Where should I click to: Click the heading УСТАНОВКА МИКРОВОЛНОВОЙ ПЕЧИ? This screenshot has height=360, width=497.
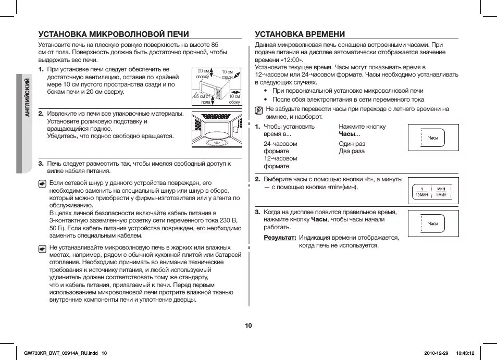(114, 34)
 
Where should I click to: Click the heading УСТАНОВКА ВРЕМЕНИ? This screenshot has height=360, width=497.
(300, 34)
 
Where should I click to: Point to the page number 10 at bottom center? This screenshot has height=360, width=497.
(249, 326)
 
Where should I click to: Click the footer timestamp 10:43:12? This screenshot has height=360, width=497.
(465, 353)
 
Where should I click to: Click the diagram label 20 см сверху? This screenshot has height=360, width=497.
(203, 73)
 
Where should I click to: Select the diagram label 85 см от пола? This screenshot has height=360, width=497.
(202, 99)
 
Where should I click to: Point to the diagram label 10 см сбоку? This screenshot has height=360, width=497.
(234, 99)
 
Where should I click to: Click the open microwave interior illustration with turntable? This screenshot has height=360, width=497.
(216, 132)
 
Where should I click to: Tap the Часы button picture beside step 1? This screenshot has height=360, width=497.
(433, 138)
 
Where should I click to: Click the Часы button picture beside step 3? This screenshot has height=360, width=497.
(433, 224)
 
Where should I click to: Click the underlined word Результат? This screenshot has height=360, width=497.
(280, 238)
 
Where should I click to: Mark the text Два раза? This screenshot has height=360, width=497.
(352, 151)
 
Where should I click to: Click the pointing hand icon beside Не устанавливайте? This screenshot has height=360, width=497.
(43, 249)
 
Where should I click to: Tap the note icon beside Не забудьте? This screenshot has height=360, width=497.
(259, 110)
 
